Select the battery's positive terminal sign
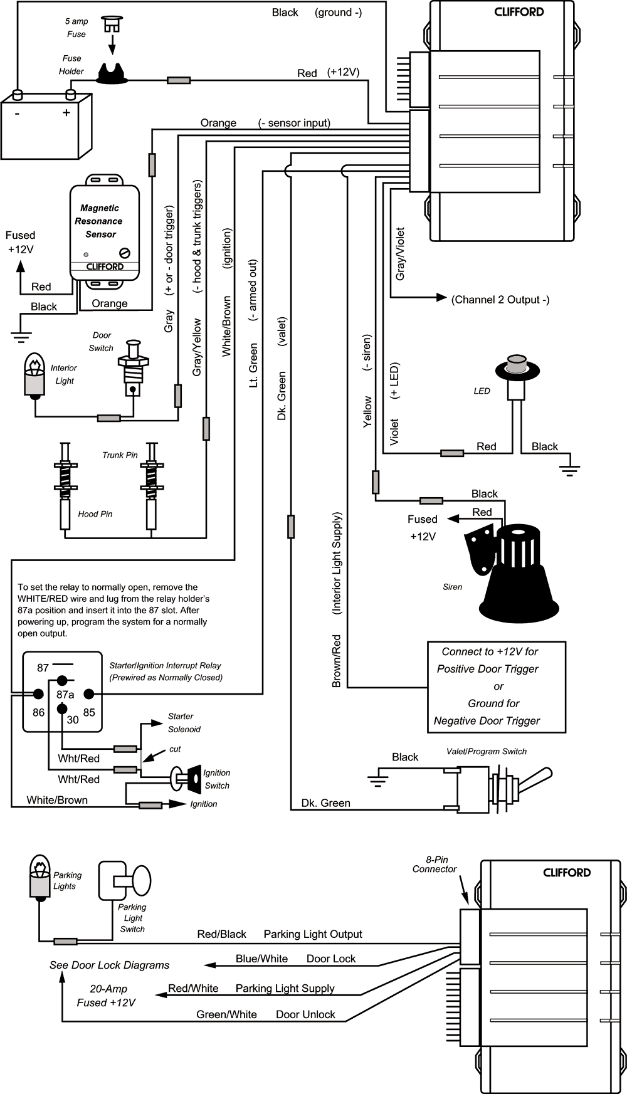pyautogui.click(x=66, y=113)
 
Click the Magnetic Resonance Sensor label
pyautogui.click(x=99, y=221)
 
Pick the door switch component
pyautogui.click(x=132, y=366)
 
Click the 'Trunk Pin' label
pyautogui.click(x=120, y=455)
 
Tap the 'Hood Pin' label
pyautogui.click(x=95, y=514)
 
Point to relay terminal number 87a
pyautogui.click(x=65, y=695)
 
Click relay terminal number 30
pyautogui.click(x=73, y=720)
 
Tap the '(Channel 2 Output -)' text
pyautogui.click(x=500, y=300)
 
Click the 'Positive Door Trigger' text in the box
pyautogui.click(x=487, y=669)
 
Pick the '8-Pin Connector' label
pyautogui.click(x=435, y=865)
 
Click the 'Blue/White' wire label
pyautogui.click(x=261, y=959)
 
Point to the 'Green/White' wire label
pyautogui.click(x=226, y=1014)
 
